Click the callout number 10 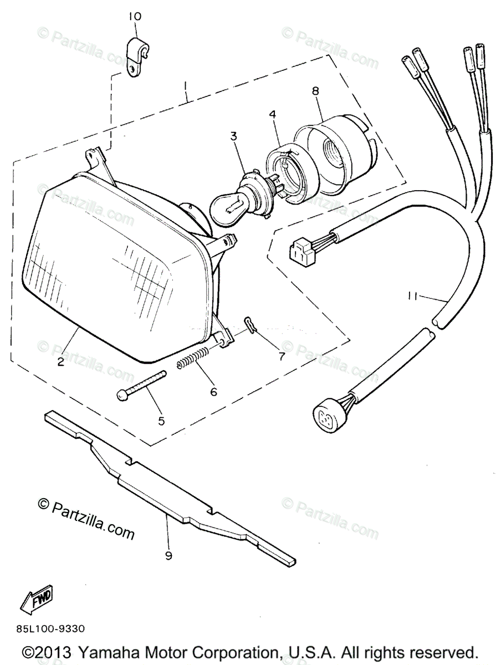pyautogui.click(x=135, y=17)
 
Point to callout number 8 pyautogui.click(x=315, y=91)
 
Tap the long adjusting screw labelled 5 pyautogui.click(x=142, y=386)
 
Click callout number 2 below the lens pyautogui.click(x=60, y=363)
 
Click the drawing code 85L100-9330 pyautogui.click(x=50, y=628)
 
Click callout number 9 pyautogui.click(x=168, y=555)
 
